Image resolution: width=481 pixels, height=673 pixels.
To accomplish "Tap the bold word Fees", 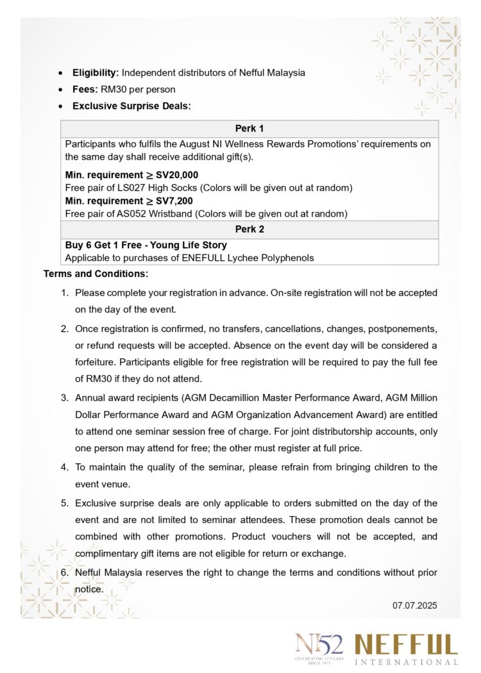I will click(x=85, y=90).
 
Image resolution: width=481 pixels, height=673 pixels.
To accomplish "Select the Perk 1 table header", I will click(x=249, y=129).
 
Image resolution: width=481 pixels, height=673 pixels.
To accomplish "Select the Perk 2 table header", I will click(x=249, y=229).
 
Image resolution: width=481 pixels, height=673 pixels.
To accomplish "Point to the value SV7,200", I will click(x=174, y=201).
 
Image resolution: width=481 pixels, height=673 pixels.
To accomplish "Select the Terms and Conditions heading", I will click(x=96, y=274).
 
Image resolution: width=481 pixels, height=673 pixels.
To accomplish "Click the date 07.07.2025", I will click(x=414, y=604).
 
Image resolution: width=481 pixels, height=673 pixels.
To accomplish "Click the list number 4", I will click(x=64, y=467).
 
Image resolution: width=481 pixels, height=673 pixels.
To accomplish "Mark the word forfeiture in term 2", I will click(x=96, y=362).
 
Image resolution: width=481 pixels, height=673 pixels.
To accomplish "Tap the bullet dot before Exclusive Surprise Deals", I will click(x=60, y=106).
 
